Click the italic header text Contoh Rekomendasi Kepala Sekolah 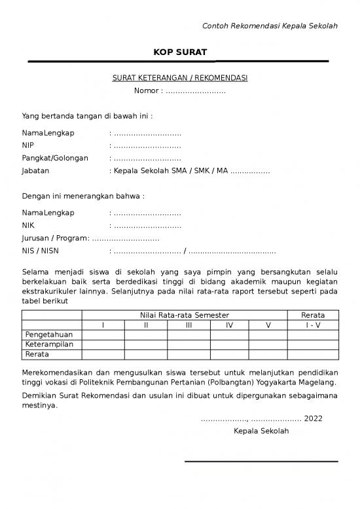pos(270,26)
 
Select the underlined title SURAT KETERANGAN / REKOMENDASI pos(180,79)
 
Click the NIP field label pos(28,145)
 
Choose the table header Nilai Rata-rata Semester pos(185,315)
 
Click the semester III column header pos(189,325)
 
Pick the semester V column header pos(268,325)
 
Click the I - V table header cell pos(312,325)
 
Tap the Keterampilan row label pos(49,345)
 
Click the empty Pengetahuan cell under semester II pos(145,335)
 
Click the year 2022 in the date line pos(314,419)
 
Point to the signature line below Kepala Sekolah pos(261,462)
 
